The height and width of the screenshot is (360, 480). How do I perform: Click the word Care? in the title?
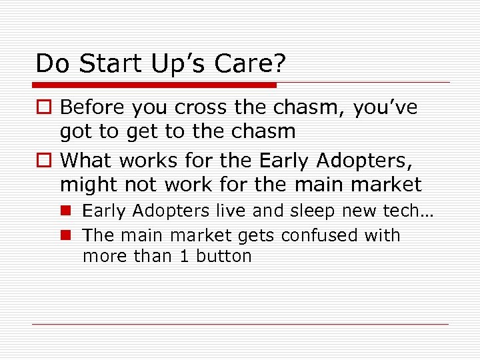(251, 63)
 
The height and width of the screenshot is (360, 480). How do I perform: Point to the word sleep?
(310, 211)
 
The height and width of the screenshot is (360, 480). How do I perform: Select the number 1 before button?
(184, 256)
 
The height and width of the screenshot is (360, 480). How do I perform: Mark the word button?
(224, 256)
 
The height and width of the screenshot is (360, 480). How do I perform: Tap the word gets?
(256, 236)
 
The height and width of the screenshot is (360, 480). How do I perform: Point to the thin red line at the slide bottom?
(241, 324)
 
